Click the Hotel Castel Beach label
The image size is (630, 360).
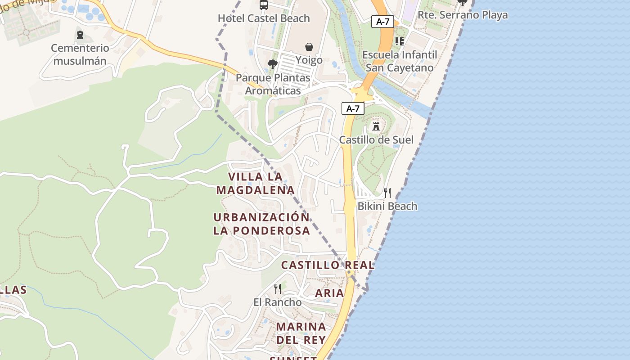(x=264, y=18)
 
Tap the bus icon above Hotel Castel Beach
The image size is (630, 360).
(x=264, y=5)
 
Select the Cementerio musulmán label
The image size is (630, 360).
(x=80, y=54)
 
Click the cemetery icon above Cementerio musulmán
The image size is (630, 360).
(x=80, y=34)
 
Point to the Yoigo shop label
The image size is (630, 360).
(x=309, y=60)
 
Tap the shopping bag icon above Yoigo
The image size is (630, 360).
(x=309, y=46)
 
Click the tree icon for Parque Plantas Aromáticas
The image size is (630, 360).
(x=272, y=64)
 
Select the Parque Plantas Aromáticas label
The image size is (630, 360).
(x=273, y=84)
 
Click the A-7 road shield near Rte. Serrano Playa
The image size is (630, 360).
(x=382, y=21)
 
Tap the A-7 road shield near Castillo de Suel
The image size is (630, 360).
(x=353, y=108)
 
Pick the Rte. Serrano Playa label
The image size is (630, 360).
(x=463, y=15)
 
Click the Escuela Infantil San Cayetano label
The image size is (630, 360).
(x=400, y=61)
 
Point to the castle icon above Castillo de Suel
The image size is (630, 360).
(x=376, y=126)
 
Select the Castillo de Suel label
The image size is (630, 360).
(x=376, y=139)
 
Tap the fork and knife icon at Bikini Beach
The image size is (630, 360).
(x=387, y=193)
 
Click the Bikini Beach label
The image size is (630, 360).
(x=387, y=206)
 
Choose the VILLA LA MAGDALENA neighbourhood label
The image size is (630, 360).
(x=255, y=183)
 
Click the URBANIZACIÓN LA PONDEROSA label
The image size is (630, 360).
(x=262, y=224)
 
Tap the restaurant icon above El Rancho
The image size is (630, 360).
(x=278, y=288)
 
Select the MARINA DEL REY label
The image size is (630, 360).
(x=301, y=333)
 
